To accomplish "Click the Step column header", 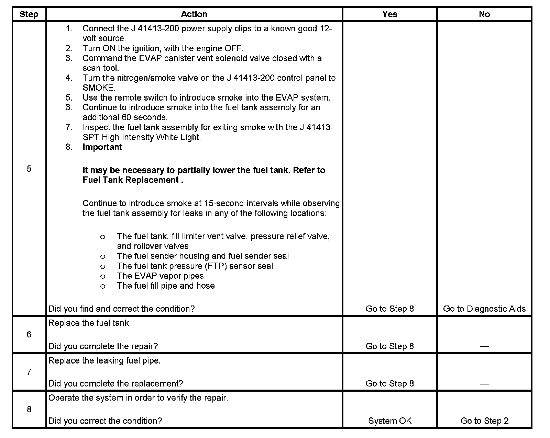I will (x=29, y=14).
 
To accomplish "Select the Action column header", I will (x=194, y=14).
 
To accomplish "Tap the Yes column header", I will (x=389, y=14).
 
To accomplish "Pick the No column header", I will (x=484, y=14).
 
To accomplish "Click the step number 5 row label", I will (x=29, y=169).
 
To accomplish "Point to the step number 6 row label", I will (x=29, y=335).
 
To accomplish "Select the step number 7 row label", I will (x=29, y=372).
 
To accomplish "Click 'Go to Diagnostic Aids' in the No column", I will (x=484, y=309).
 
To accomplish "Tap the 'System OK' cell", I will (x=389, y=421).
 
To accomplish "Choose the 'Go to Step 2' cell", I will (x=484, y=421).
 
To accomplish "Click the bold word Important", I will (x=102, y=147).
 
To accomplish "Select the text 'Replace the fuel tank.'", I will (x=89, y=323).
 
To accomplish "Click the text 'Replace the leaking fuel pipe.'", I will (x=104, y=361).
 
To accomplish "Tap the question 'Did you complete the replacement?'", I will (x=115, y=384).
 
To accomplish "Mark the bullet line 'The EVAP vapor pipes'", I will (x=160, y=276).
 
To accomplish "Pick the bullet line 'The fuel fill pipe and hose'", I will (x=166, y=286).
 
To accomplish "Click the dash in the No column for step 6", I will (x=484, y=346).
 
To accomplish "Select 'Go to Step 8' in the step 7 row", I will (x=389, y=384).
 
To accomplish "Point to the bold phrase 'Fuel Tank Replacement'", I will (x=131, y=180).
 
